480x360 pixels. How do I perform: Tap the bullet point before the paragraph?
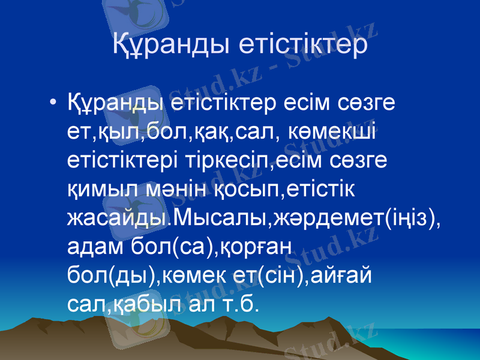tap(54, 101)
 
